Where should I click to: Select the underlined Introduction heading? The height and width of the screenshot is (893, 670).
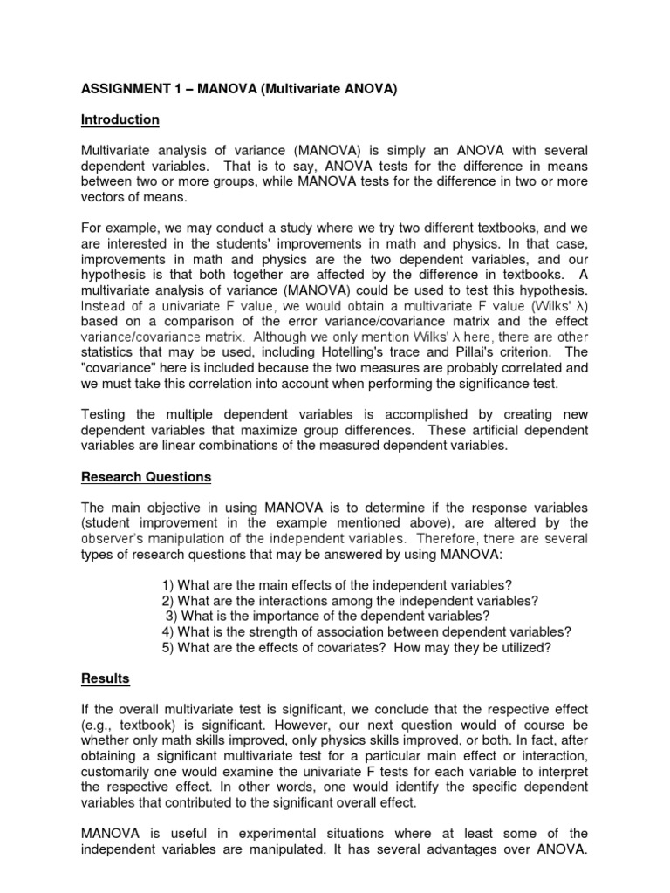(x=120, y=119)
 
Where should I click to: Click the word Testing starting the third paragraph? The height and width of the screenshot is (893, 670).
(x=105, y=417)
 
